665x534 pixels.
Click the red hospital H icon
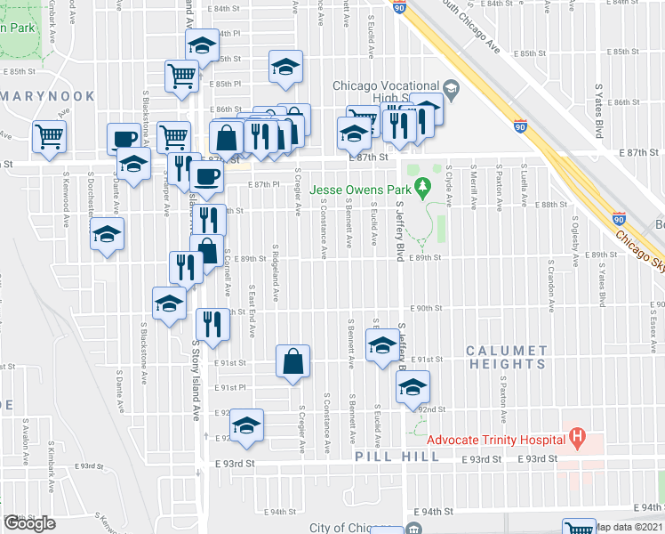(x=578, y=437)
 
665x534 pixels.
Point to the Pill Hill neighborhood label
(x=397, y=457)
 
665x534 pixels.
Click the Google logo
(x=29, y=524)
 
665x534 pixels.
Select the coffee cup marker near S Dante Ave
(x=124, y=138)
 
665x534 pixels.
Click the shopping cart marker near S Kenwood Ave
(x=48, y=136)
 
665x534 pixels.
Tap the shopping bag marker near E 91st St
(x=293, y=360)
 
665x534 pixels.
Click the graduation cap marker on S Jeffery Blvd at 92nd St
(x=413, y=387)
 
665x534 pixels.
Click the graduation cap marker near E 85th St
(x=285, y=68)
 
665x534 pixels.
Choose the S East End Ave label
(x=252, y=311)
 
